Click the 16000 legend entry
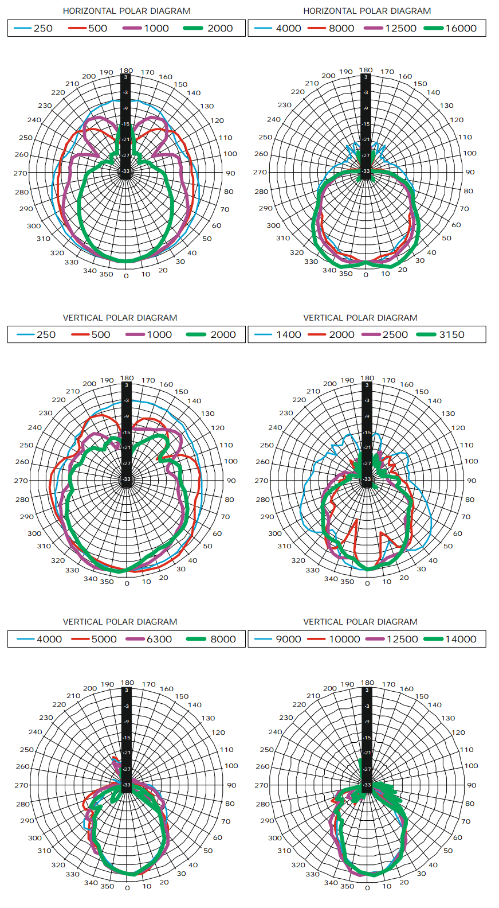pyautogui.click(x=461, y=28)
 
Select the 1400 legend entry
pyautogui.click(x=288, y=334)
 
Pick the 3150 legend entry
pyautogui.click(x=451, y=334)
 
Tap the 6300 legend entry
pyautogui.click(x=159, y=639)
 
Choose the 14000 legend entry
pyautogui.click(x=461, y=639)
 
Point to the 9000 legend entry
pyautogui.click(x=288, y=639)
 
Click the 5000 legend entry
pyautogui.click(x=104, y=639)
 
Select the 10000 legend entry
pyautogui.click(x=344, y=639)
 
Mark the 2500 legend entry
pyautogui.click(x=395, y=334)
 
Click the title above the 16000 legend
pyautogui.click(x=367, y=11)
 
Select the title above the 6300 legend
pyautogui.click(x=120, y=622)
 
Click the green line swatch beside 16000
pyautogui.click(x=434, y=28)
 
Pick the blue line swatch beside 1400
pyautogui.click(x=263, y=334)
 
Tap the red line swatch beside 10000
pyautogui.click(x=316, y=639)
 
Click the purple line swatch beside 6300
pyautogui.click(x=135, y=639)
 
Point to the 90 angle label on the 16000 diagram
pyautogui.click(x=470, y=172)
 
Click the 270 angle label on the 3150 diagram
pyautogui.click(x=261, y=481)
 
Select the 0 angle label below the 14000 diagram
pyautogui.click(x=367, y=888)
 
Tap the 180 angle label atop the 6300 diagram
pyautogui.click(x=127, y=683)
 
